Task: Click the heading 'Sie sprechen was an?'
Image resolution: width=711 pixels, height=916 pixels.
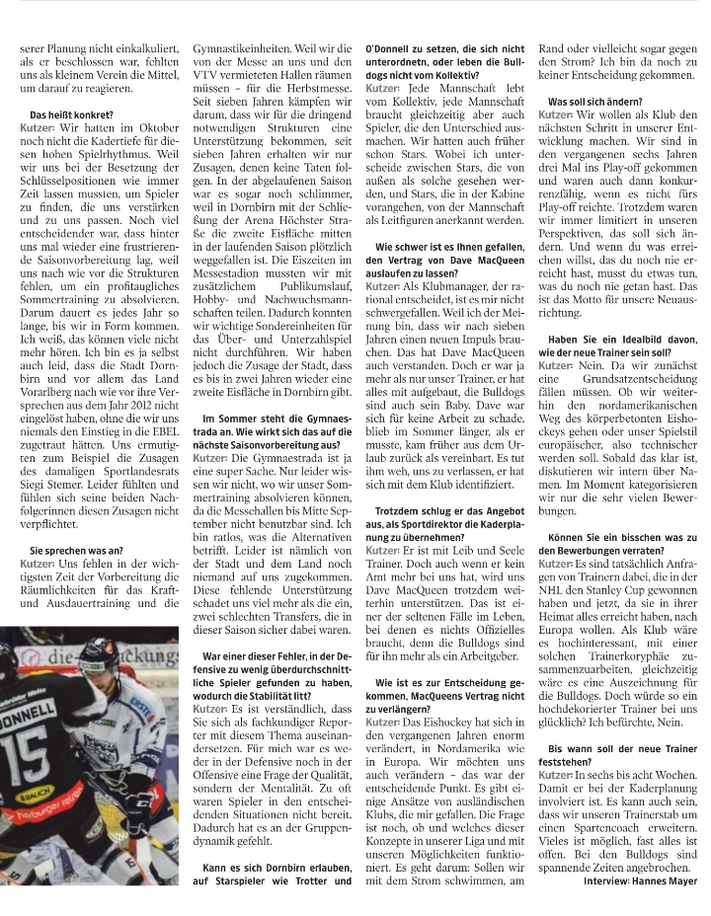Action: coord(77,548)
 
